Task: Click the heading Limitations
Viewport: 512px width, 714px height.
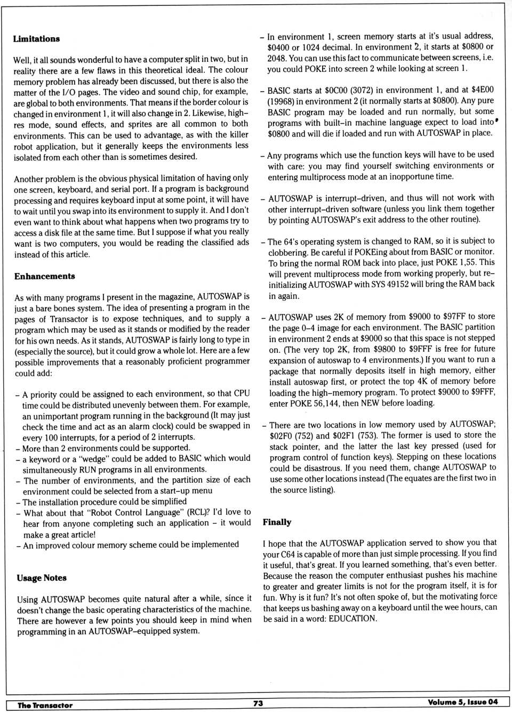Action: coord(36,39)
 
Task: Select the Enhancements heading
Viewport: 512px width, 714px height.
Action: coord(45,276)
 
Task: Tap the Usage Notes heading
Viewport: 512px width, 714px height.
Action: coord(42,578)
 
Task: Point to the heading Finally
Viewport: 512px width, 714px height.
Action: coord(277,522)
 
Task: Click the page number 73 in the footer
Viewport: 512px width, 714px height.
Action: coord(258,703)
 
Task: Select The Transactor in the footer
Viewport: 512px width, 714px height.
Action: coord(45,705)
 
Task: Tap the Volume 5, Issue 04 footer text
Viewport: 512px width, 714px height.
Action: coord(462,702)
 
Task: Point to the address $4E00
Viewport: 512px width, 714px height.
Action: coord(483,90)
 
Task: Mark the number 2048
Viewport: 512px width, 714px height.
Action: coord(277,58)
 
